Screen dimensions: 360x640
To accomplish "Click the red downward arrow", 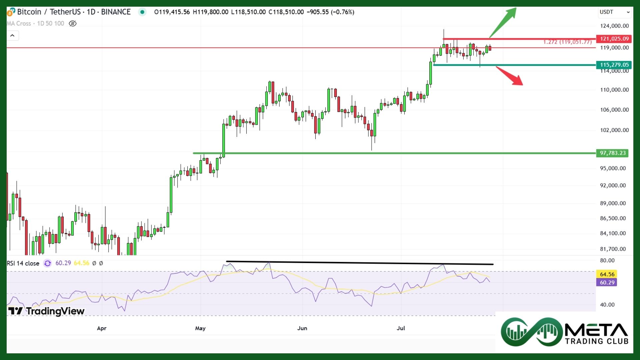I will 510,76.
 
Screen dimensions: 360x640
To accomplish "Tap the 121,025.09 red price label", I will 614,39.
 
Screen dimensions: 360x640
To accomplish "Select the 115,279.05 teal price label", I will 614,65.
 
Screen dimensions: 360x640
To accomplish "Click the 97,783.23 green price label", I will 613,153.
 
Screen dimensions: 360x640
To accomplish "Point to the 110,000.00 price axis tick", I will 614,90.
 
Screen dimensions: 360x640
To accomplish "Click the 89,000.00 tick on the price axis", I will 613,203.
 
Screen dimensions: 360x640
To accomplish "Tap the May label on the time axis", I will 200,328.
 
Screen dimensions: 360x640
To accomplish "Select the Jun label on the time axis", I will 302,328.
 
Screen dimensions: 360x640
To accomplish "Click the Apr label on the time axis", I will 102,328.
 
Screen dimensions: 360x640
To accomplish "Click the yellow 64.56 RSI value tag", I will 607,274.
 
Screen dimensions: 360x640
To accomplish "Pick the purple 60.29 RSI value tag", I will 607,283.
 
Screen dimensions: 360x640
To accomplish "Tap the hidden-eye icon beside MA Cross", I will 72,24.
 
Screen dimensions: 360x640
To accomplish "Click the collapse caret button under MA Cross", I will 12,36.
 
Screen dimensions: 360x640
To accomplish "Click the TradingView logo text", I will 47,311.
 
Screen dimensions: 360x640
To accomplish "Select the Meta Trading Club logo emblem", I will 531,332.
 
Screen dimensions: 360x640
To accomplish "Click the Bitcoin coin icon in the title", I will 11,12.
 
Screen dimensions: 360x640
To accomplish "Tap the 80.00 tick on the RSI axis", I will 607,260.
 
